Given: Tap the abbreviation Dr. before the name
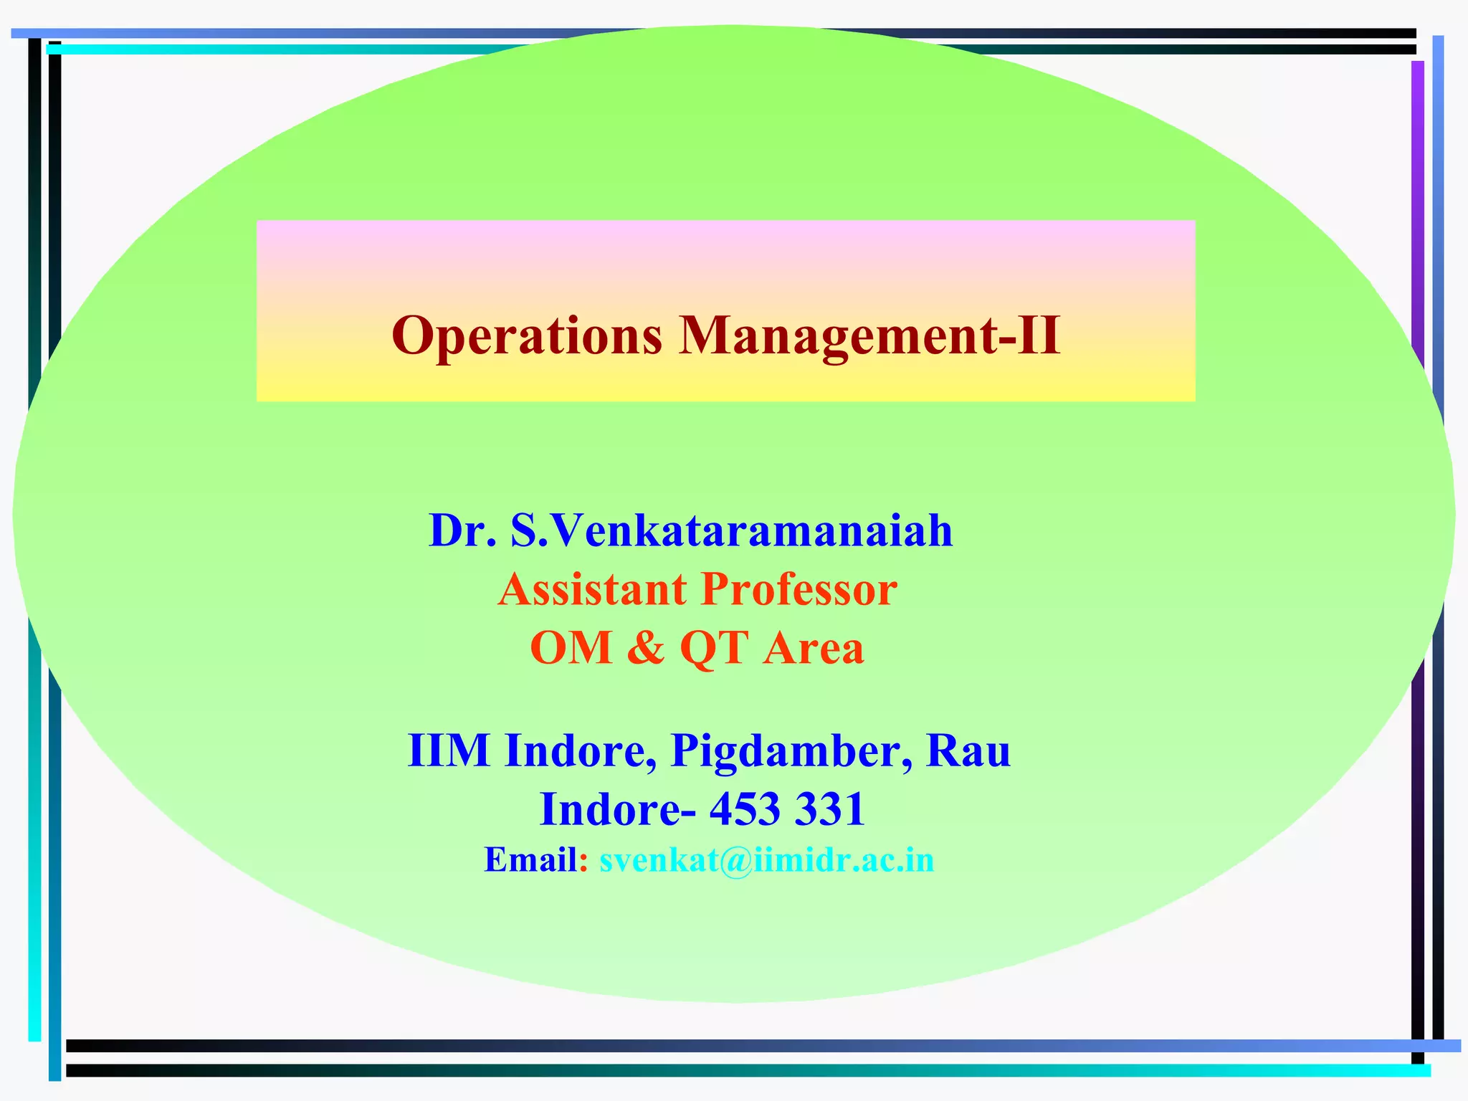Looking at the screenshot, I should click(462, 531).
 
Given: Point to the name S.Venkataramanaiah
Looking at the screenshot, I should click(731, 531).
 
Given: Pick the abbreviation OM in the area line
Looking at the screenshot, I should click(571, 648).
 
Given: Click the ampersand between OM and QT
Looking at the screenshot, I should click(645, 648).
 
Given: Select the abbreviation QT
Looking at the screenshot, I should click(714, 648).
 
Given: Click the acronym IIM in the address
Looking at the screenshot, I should click(449, 750).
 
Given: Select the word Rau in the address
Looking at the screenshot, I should click(968, 750).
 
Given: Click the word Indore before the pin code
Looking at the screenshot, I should click(618, 809).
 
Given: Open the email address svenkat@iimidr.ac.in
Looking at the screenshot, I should click(767, 860).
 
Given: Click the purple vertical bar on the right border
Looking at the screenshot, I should click(1417, 215).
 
